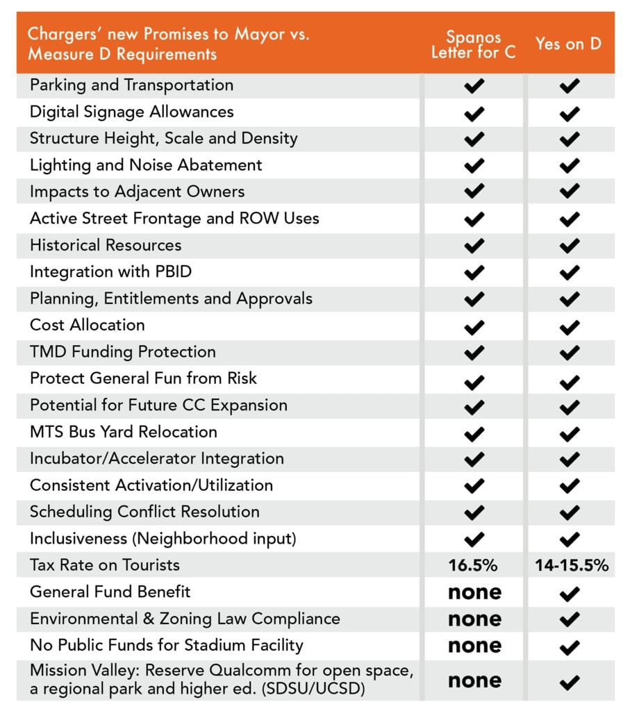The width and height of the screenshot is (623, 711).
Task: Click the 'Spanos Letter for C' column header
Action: (x=474, y=43)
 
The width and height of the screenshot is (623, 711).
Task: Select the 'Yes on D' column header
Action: (x=568, y=43)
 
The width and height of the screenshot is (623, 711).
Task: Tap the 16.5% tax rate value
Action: (x=474, y=565)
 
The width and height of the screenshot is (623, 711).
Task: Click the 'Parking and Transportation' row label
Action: (x=131, y=85)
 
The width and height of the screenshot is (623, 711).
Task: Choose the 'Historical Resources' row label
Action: (x=106, y=245)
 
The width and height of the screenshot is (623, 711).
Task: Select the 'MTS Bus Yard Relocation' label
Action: (x=123, y=432)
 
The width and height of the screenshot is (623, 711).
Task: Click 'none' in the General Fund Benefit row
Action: (x=474, y=592)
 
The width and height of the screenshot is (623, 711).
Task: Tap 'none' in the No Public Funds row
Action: (x=474, y=646)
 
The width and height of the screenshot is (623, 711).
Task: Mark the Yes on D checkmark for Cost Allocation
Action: (x=569, y=326)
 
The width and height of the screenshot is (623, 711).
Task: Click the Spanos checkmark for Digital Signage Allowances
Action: (x=474, y=112)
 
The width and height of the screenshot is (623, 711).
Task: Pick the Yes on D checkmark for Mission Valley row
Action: (x=569, y=682)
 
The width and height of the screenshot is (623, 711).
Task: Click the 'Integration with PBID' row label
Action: (x=110, y=271)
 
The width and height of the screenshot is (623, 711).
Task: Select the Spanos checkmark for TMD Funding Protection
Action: (x=474, y=353)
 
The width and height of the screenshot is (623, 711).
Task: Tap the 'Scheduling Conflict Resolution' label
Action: (x=144, y=512)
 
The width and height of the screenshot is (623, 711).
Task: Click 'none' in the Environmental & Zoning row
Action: (x=474, y=619)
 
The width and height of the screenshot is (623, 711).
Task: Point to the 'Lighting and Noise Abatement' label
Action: (x=146, y=165)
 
